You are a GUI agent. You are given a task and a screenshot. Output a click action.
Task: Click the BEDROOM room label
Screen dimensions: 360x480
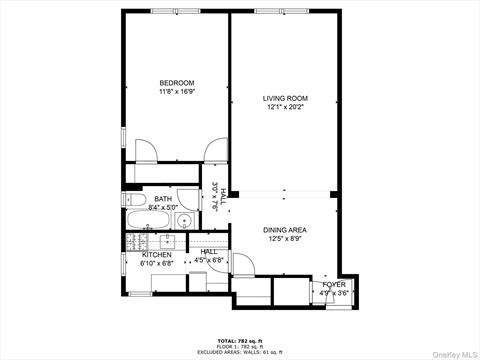(x=176, y=83)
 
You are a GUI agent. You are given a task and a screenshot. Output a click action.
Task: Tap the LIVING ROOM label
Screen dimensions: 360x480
(x=285, y=98)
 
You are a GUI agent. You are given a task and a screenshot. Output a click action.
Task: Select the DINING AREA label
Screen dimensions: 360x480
(x=285, y=229)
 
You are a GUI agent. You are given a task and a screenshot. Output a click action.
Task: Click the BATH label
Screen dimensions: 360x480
(x=162, y=199)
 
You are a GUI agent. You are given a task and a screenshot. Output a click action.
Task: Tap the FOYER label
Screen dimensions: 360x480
(x=333, y=285)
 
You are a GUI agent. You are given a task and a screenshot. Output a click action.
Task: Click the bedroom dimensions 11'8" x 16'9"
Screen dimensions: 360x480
(x=176, y=92)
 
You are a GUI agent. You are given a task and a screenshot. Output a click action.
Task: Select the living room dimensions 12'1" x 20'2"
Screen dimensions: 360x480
(x=285, y=107)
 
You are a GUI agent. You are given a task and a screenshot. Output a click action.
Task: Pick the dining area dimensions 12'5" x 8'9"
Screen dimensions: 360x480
(x=285, y=238)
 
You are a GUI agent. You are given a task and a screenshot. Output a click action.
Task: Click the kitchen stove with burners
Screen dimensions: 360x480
(x=140, y=242)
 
